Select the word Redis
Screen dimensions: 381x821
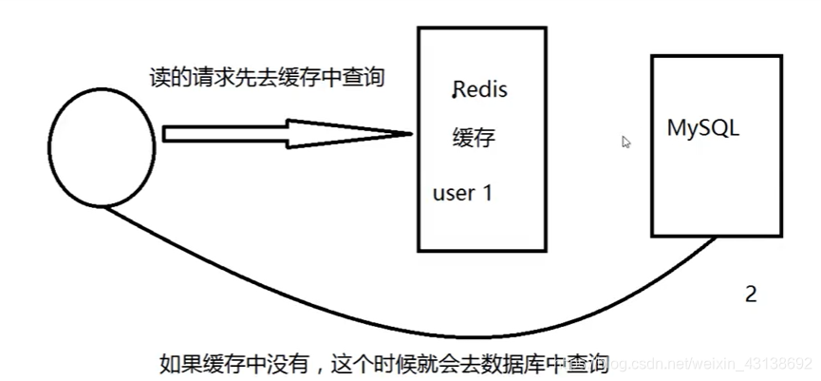coord(481,90)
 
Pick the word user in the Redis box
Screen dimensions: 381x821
coord(453,193)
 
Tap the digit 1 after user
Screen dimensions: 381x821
coord(488,193)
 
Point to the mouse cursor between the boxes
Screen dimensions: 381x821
coord(626,142)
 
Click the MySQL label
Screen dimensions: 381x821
coord(703,127)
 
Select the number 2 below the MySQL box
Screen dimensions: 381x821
coord(751,295)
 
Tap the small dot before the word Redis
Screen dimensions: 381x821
coord(454,95)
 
